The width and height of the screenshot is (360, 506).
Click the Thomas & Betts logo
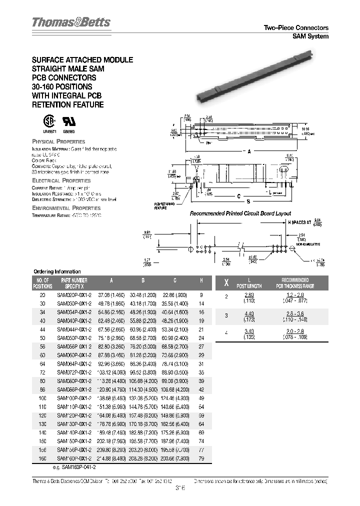(71, 22)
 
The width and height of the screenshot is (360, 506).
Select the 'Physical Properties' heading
(58, 142)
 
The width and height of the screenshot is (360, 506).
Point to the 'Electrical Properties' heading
(61, 180)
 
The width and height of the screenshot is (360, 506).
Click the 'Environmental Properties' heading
(65, 207)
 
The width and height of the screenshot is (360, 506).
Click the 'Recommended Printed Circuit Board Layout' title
(240, 213)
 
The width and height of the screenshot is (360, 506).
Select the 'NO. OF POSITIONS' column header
(42, 283)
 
